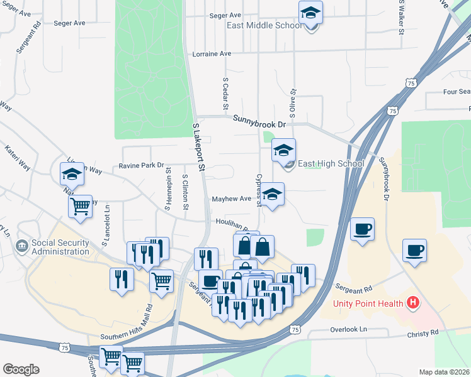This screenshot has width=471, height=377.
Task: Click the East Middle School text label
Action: pyautogui.click(x=264, y=26)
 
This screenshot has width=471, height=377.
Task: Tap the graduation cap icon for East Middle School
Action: pyautogui.click(x=310, y=13)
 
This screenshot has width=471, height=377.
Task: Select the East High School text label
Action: pyautogui.click(x=331, y=164)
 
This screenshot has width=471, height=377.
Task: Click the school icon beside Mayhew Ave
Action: pyautogui.click(x=273, y=194)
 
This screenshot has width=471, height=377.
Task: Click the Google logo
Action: pyautogui.click(x=21, y=369)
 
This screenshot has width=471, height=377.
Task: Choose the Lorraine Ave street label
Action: pyautogui.click(x=212, y=54)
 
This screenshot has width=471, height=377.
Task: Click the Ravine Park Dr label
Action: pyautogui.click(x=141, y=166)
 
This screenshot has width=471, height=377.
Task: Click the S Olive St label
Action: pyautogui.click(x=292, y=98)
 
